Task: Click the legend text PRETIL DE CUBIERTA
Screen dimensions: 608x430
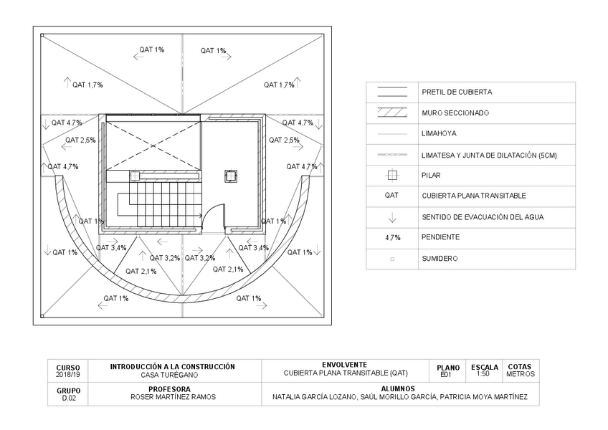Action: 457,92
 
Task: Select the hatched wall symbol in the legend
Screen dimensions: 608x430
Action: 392,113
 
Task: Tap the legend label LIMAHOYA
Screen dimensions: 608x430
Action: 440,134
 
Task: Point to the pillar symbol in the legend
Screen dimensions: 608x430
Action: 392,175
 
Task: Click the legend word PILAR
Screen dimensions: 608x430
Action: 432,175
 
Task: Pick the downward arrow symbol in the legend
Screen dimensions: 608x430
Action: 392,217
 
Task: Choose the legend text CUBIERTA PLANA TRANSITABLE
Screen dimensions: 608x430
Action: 474,196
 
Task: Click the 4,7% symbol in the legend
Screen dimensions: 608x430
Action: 392,237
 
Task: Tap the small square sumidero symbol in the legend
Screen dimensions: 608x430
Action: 392,259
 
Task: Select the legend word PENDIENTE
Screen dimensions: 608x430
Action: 441,237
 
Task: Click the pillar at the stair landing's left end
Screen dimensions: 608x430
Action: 134,174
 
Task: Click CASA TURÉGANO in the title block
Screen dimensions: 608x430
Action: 172,374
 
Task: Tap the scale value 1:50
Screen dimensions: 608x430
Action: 485,374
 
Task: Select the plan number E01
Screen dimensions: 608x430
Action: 445,374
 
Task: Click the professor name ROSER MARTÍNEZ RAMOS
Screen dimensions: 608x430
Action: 173,397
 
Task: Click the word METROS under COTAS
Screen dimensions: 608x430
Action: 520,374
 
